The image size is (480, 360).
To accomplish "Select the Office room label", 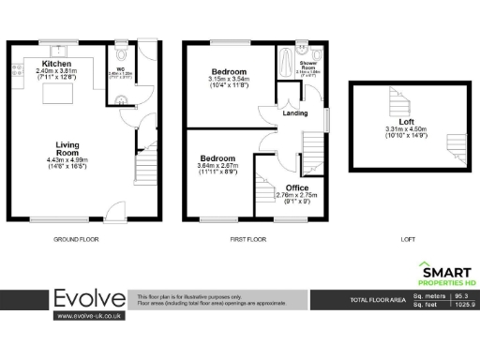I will pos(296,187).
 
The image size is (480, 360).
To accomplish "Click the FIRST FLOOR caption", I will pos(249,239).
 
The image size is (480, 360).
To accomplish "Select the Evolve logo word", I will pos(88,299).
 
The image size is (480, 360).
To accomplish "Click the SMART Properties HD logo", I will pos(444,273).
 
